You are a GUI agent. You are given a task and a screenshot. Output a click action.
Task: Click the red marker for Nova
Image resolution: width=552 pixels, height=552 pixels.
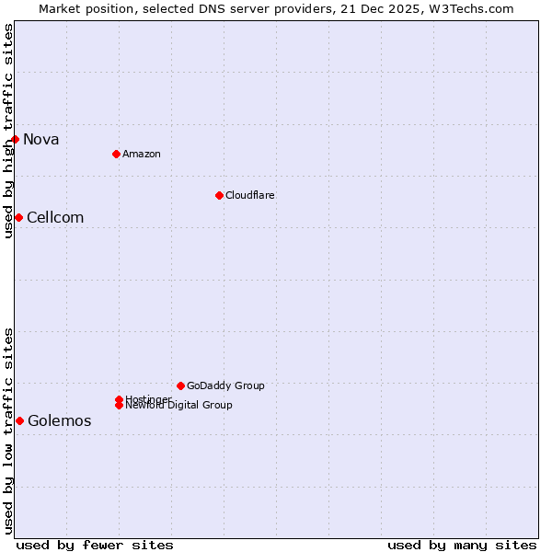(x=16, y=139)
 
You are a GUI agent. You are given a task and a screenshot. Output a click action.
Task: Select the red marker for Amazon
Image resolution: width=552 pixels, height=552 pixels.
(x=116, y=154)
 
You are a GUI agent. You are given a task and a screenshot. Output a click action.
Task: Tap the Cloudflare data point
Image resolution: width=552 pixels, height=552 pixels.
(x=219, y=195)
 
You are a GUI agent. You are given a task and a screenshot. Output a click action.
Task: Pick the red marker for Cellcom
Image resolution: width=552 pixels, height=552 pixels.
(x=18, y=217)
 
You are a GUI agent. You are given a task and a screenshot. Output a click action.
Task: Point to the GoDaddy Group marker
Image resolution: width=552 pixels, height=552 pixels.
(x=180, y=385)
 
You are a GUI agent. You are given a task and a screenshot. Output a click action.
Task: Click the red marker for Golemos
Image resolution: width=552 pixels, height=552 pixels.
(x=19, y=420)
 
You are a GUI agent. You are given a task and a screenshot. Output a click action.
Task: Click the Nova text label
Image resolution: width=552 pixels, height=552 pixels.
(x=41, y=140)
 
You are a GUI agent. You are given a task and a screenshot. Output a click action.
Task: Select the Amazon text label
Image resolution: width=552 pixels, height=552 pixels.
(x=141, y=154)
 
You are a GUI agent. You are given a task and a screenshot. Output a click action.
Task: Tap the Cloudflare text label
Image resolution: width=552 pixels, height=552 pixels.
(x=249, y=195)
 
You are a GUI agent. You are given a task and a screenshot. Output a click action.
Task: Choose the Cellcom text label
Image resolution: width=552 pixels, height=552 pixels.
(x=55, y=218)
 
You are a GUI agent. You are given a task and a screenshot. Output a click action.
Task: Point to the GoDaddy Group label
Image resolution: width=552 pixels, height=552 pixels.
(x=225, y=385)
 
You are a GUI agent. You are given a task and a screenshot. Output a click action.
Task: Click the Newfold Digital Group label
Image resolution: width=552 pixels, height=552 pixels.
(x=179, y=406)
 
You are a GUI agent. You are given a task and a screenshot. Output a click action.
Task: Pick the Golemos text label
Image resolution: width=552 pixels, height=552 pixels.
(x=60, y=421)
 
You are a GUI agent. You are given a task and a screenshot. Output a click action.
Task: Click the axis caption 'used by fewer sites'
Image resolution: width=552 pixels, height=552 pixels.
(x=95, y=545)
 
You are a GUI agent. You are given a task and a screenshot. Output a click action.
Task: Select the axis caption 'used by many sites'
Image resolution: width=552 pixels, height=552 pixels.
(x=462, y=545)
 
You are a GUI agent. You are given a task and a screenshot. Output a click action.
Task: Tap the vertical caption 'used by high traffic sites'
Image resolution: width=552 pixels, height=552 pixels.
(x=8, y=131)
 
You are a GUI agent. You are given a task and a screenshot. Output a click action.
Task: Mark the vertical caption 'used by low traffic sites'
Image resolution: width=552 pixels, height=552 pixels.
(x=8, y=431)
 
